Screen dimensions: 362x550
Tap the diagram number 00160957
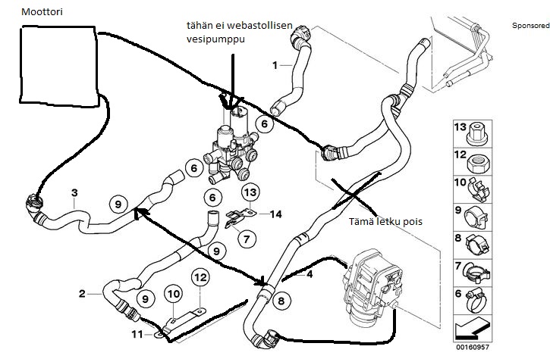tap(472, 350)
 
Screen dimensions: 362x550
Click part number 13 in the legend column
tap(461, 127)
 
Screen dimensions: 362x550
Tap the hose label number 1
tap(275, 65)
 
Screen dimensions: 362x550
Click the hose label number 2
tap(81, 292)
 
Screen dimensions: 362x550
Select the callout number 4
tap(310, 275)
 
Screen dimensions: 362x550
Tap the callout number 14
tap(275, 214)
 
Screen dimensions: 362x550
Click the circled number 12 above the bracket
tap(200, 279)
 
